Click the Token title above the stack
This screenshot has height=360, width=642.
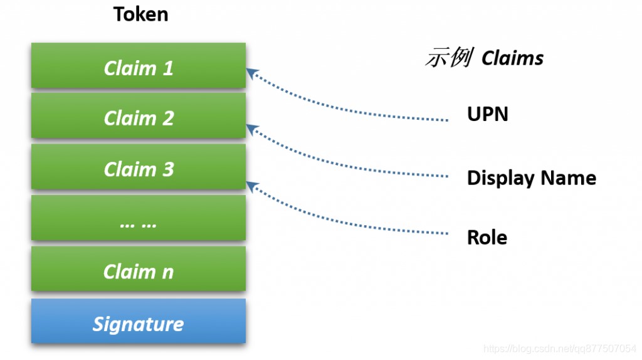(x=140, y=14)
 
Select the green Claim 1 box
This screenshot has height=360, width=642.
(x=139, y=65)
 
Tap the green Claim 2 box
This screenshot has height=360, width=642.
(x=139, y=115)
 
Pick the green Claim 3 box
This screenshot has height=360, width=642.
(x=139, y=167)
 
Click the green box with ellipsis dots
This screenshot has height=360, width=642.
(x=139, y=218)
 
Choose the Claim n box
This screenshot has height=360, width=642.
(x=139, y=268)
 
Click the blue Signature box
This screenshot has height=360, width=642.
(x=139, y=320)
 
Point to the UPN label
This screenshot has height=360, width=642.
(x=488, y=114)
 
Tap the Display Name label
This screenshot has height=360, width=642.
(x=532, y=178)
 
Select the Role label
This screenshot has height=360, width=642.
(x=487, y=238)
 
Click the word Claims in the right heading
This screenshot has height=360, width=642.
(x=513, y=58)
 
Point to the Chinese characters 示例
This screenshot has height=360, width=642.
(x=450, y=57)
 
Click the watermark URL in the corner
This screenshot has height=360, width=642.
(x=560, y=349)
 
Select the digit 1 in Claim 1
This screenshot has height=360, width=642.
(x=168, y=68)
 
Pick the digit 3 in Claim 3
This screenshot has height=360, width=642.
(x=168, y=169)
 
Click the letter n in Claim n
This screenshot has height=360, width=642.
(x=168, y=273)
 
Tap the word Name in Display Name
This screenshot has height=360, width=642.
(x=568, y=178)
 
